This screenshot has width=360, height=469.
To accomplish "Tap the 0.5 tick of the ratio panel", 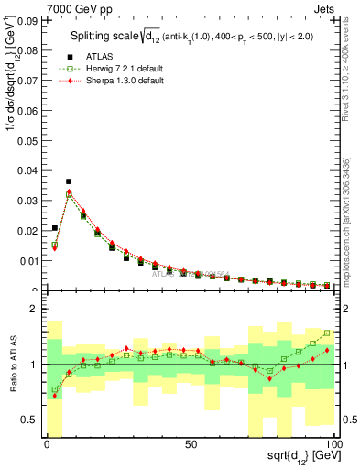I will (28, 420).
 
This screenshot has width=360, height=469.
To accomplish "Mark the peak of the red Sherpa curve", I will (69, 192).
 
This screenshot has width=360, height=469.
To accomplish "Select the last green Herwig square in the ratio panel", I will (327, 333).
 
